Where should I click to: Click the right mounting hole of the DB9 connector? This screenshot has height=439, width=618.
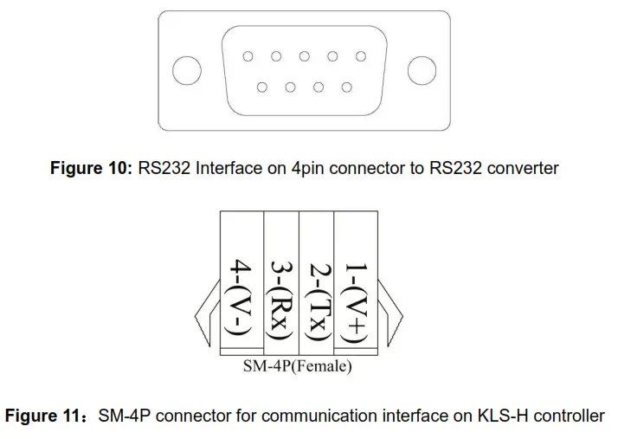pos(422,71)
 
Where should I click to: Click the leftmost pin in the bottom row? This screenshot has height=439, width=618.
pos(262,87)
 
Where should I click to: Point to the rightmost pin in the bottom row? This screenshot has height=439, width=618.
pos(346,87)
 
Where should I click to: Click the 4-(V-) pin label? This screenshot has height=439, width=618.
pos(239,296)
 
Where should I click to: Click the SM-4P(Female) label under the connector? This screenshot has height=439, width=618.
pos(297,367)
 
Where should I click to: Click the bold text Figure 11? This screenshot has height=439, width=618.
pos(43,416)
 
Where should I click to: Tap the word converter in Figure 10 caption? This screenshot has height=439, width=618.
pos(521,168)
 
